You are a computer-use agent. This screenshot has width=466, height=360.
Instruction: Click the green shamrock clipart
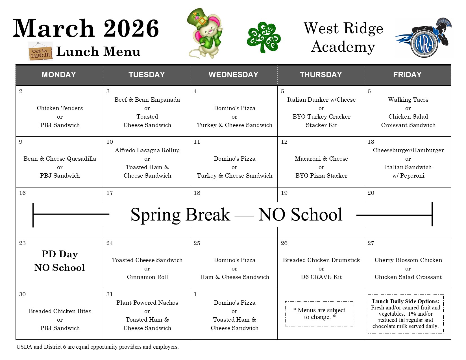tap(264, 38)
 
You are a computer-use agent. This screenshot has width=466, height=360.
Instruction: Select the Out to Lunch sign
tap(41, 51)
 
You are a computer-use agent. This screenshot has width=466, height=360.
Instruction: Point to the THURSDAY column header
tap(321, 75)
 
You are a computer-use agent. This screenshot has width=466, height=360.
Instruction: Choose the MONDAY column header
tap(59, 75)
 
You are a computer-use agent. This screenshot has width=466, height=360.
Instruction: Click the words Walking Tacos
tap(408, 100)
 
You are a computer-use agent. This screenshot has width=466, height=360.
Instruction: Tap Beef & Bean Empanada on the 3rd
tap(147, 100)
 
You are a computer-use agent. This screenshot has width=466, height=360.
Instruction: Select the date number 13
tap(371, 142)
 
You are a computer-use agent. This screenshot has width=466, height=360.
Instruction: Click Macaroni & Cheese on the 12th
tap(321, 159)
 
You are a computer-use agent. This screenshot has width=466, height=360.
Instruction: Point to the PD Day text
tap(60, 254)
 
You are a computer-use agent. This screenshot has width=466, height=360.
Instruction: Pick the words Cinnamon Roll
tap(147, 277)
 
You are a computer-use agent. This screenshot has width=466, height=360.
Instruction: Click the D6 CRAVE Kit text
tap(321, 277)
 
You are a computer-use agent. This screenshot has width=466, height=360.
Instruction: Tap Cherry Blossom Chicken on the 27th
tap(408, 260)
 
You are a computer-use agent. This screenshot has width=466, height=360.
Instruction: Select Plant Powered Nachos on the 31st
tap(147, 303)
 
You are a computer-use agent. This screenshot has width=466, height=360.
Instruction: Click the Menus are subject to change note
tap(319, 313)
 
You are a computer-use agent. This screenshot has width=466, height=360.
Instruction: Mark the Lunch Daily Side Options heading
tap(406, 301)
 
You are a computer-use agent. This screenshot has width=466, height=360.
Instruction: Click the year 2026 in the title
tap(131, 28)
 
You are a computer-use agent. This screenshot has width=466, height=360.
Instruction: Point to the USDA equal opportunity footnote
tap(97, 347)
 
